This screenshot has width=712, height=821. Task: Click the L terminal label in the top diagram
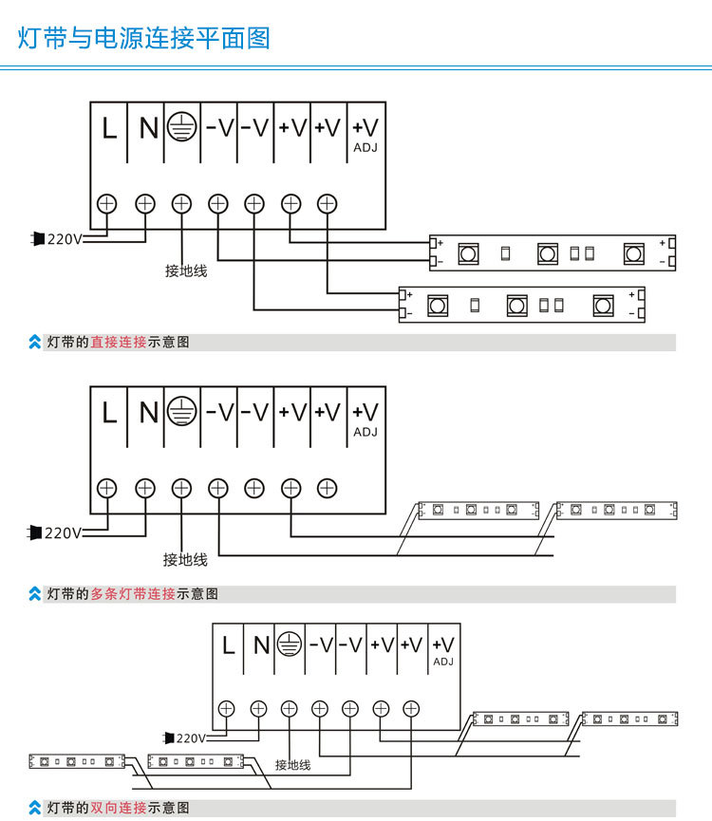pyautogui.click(x=109, y=128)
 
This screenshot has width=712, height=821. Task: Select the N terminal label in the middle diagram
pyautogui.click(x=148, y=413)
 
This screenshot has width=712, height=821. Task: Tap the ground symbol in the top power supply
pyautogui.click(x=181, y=127)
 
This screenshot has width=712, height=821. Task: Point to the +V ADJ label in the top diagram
pyautogui.click(x=365, y=134)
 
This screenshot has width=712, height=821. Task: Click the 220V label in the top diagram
pyautogui.click(x=65, y=239)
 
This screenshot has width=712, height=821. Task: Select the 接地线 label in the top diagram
pyautogui.click(x=186, y=271)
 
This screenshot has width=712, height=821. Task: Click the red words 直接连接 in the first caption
pyautogui.click(x=119, y=342)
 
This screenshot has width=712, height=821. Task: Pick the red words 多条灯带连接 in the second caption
pyautogui.click(x=133, y=594)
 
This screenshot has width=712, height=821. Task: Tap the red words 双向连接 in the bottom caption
pyautogui.click(x=119, y=808)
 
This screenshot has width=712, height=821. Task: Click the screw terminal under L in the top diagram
pyautogui.click(x=107, y=202)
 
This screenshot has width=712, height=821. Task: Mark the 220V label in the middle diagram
pyautogui.click(x=63, y=533)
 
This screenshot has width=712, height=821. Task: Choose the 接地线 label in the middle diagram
pyautogui.click(x=185, y=560)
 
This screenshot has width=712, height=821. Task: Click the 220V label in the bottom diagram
pyautogui.click(x=190, y=737)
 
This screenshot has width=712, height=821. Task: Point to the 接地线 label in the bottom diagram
pyautogui.click(x=293, y=764)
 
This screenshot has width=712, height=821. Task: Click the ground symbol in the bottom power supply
pyautogui.click(x=289, y=644)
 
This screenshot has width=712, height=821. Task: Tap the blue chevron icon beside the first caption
pyautogui.click(x=35, y=342)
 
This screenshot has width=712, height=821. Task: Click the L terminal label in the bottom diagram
pyautogui.click(x=228, y=645)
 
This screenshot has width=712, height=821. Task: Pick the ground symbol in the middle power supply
pyautogui.click(x=181, y=412)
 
